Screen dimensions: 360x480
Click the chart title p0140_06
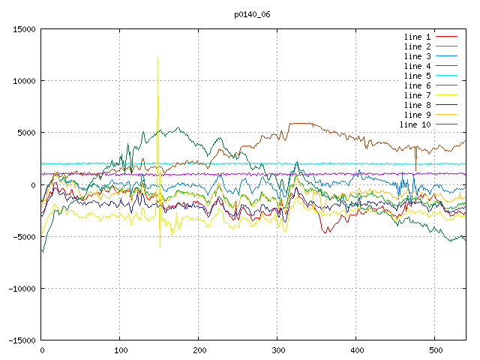[251, 13]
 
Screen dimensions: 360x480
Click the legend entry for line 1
[417, 37]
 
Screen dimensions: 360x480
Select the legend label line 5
[417, 76]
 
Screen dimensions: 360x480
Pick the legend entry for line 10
[415, 124]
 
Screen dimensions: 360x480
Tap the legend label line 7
[417, 95]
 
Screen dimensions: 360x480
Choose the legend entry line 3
[417, 56]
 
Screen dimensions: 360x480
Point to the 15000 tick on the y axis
[23, 29]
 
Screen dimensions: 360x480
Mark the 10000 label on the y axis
[23, 81]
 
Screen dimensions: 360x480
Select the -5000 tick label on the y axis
[23, 237]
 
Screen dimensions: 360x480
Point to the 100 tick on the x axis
[120, 350]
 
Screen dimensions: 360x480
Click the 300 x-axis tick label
[277, 350]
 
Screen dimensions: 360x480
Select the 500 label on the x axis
[435, 350]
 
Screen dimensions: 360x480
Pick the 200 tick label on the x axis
[199, 350]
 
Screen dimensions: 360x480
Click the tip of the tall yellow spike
[157, 57]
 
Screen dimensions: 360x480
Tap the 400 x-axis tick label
[356, 350]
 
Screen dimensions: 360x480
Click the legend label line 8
[417, 105]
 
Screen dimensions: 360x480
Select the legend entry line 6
[417, 85]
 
